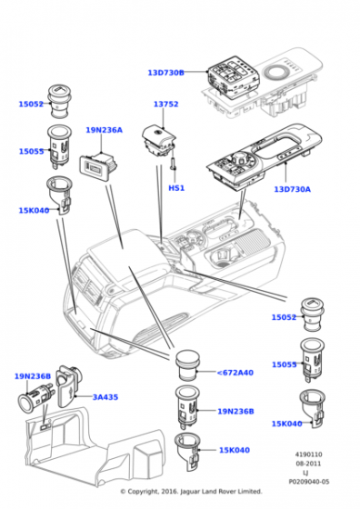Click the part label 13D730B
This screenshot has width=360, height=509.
165,73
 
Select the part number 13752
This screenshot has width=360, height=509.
165,105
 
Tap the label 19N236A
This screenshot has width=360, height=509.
105,130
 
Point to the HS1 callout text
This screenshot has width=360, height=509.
176,188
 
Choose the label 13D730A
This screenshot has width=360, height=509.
292,189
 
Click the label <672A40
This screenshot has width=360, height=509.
235,373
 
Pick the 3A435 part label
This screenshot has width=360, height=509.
105,397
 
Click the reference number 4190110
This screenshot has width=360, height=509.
309,454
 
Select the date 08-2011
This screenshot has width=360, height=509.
309,464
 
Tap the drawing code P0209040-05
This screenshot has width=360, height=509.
309,482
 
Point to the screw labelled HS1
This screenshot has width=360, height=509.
172,164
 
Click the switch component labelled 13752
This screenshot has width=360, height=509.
159,142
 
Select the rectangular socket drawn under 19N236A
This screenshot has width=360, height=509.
98,166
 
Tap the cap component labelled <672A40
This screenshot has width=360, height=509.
187,365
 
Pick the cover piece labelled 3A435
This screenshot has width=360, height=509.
69,386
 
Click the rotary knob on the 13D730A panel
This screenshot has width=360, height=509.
239,159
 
